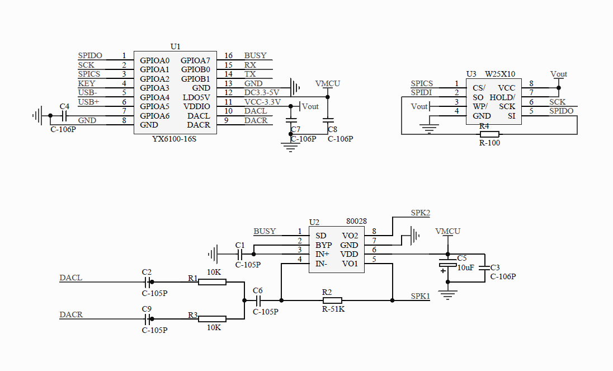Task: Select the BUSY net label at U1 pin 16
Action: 255,55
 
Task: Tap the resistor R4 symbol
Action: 489,134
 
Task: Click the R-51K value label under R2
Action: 333,309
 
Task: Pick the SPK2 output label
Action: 421,213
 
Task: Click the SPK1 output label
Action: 421,296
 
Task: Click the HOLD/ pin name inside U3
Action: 502,97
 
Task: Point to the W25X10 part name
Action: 500,74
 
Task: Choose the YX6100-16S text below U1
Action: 175,139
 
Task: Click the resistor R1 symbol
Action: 213,282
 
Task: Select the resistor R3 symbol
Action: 213,319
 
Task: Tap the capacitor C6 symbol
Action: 258,300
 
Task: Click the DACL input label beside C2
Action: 70,278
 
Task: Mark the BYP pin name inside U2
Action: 323,245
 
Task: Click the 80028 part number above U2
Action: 356,222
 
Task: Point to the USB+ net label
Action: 88,102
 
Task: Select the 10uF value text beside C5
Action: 465,267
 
